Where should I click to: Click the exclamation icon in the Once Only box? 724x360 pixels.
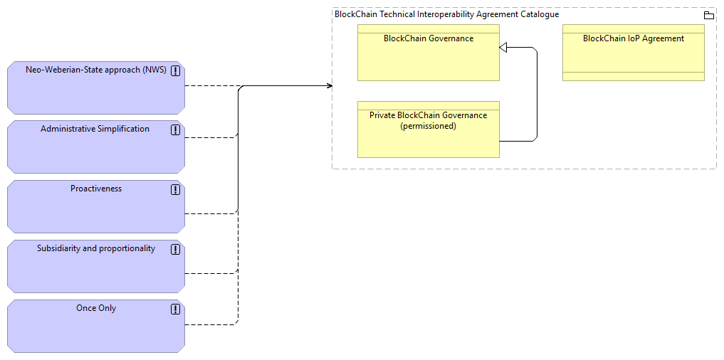(175, 309)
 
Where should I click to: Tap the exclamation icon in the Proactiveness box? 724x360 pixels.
(175, 190)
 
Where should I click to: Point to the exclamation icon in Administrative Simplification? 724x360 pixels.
(175, 130)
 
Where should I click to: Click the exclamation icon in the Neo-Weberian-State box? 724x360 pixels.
(175, 71)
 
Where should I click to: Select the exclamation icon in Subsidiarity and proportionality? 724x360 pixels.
(175, 250)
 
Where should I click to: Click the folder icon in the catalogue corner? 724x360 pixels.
(708, 15)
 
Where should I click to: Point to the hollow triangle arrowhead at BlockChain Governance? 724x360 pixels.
(503, 48)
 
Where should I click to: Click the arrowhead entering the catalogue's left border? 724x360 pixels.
(329, 86)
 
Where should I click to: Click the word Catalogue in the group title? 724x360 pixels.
(539, 14)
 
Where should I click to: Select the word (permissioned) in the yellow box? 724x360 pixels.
(428, 126)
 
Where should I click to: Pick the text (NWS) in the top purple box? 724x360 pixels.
(154, 70)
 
